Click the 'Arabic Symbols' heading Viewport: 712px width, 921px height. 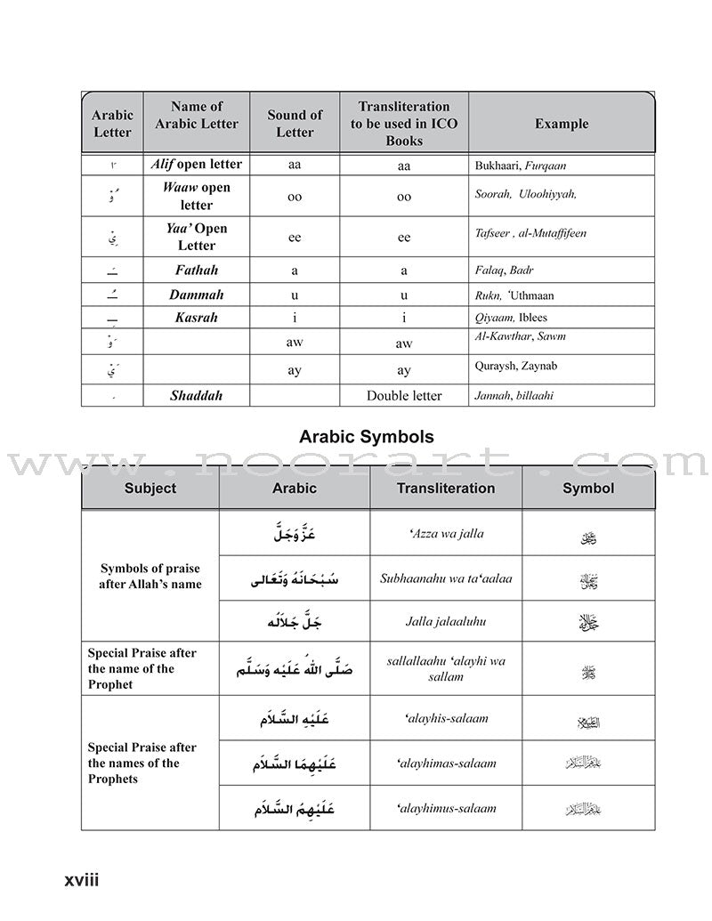(x=366, y=437)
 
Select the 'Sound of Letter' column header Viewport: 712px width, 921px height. (x=295, y=124)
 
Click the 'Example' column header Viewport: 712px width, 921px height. (x=561, y=124)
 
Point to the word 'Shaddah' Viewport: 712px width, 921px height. (x=193, y=396)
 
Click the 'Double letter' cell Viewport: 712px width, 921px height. (x=404, y=396)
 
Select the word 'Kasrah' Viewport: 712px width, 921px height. (x=195, y=318)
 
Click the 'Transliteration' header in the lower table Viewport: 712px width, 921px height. (x=445, y=488)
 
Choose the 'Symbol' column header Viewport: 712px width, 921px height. (x=587, y=488)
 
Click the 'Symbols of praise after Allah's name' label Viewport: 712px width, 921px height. (x=150, y=576)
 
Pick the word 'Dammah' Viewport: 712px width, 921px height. (x=196, y=295)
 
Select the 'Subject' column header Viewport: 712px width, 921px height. (x=150, y=488)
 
